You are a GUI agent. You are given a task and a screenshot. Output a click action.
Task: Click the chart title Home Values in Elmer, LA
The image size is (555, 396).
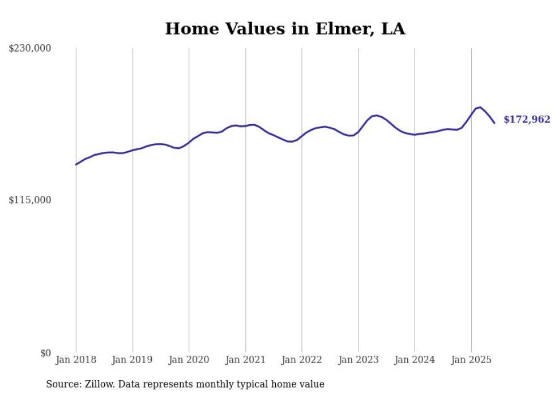(x=285, y=29)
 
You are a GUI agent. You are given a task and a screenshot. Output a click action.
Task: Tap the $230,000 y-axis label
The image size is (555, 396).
(x=30, y=49)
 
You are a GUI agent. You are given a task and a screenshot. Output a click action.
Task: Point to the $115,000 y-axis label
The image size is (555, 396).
(x=30, y=200)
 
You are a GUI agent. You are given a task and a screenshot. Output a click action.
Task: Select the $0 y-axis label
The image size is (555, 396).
(x=45, y=353)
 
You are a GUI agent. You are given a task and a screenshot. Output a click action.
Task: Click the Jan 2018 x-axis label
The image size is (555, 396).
(x=76, y=360)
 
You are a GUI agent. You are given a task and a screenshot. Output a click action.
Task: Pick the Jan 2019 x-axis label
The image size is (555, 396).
(x=133, y=360)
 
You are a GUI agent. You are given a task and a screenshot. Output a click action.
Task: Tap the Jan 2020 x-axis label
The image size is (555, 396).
(x=189, y=360)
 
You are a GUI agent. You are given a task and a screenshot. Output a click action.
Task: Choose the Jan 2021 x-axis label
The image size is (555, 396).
(x=245, y=360)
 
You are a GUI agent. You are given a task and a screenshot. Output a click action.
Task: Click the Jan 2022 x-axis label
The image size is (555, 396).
(x=302, y=360)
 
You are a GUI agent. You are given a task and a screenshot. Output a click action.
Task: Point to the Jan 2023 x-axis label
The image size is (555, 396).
(x=358, y=360)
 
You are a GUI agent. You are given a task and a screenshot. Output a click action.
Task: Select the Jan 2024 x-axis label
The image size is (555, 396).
(x=415, y=360)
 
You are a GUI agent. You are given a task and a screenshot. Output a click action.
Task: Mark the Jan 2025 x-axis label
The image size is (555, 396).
(x=471, y=360)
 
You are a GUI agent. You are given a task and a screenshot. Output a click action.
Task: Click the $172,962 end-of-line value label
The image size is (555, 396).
(x=527, y=120)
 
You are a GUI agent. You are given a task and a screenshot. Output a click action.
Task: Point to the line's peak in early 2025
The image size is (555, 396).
(x=480, y=107)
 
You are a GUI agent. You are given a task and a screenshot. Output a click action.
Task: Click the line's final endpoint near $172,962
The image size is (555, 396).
(x=494, y=122)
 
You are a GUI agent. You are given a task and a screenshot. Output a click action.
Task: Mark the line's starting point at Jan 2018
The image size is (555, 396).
(x=76, y=164)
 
